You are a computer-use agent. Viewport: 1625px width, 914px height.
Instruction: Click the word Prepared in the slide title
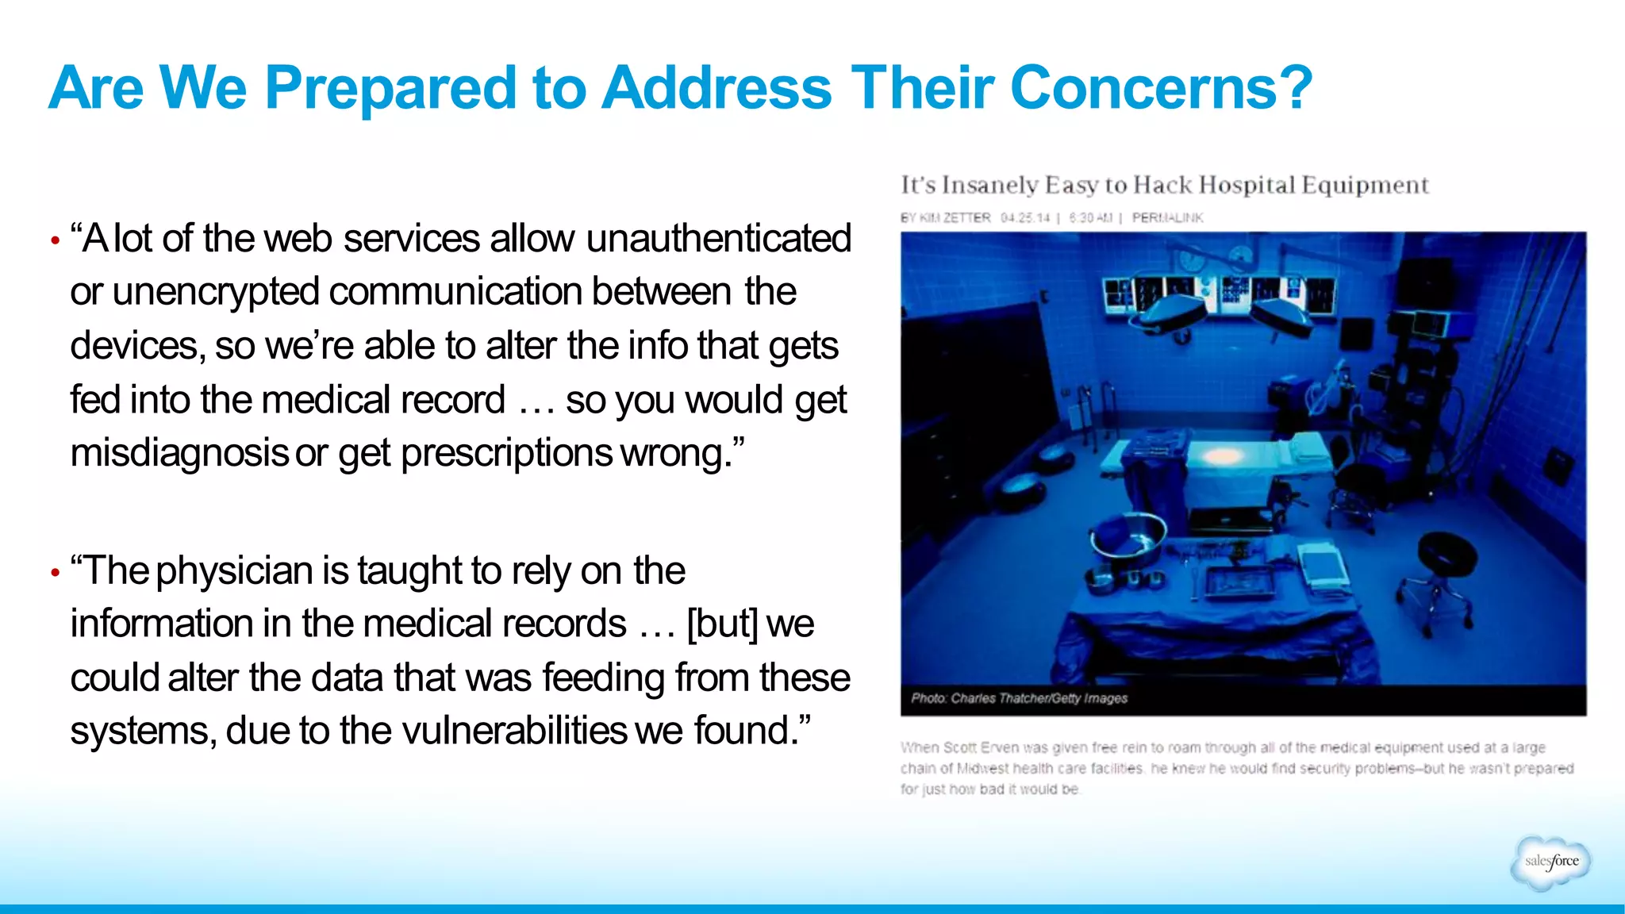[x=392, y=87]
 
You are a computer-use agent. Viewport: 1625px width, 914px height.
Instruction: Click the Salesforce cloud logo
[x=1551, y=862]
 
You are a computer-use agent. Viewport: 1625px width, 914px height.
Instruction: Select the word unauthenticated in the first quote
[x=719, y=238]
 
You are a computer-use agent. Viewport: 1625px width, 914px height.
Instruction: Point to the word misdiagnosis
[x=179, y=453]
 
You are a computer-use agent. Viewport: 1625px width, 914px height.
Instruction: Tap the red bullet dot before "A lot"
[x=55, y=240]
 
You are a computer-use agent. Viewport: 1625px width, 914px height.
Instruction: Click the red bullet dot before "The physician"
[x=55, y=572]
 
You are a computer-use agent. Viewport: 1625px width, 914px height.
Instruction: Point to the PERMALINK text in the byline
[x=1167, y=217]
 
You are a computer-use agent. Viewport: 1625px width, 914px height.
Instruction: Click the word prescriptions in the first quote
[x=507, y=453]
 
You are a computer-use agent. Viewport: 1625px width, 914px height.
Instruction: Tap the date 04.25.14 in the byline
[x=1024, y=217]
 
